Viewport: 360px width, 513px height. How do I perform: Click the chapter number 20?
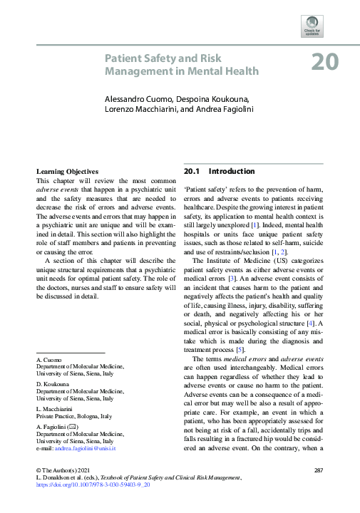[x=324, y=63]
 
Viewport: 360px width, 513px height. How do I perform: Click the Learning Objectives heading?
[x=67, y=172]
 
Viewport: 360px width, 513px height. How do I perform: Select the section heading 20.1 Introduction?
[x=219, y=172]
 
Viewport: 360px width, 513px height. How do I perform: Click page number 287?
[x=319, y=470]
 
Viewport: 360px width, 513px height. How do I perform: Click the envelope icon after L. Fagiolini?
[x=72, y=426]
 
